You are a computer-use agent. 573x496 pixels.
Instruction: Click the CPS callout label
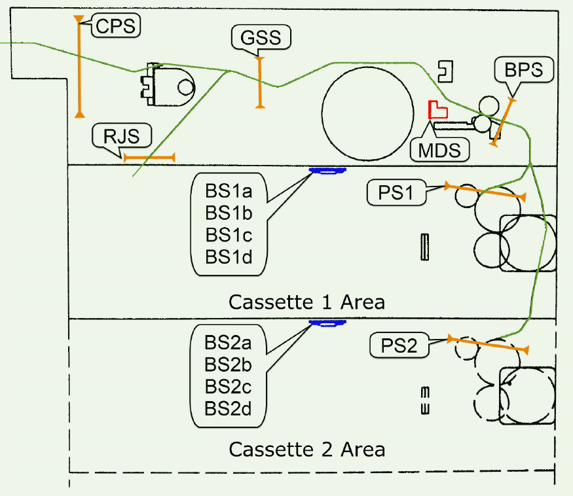(115, 26)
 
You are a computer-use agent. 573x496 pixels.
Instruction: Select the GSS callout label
(261, 38)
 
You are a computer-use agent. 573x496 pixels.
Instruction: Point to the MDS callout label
(440, 150)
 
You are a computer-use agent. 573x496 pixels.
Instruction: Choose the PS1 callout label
(397, 192)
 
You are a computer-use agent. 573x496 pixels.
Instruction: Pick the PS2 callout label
(398, 345)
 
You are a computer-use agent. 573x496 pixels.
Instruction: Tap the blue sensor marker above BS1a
(328, 171)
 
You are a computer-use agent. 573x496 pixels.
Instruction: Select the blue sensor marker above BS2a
(327, 323)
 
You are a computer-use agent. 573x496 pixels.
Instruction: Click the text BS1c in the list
(229, 234)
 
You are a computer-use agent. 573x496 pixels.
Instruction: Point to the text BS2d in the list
(228, 408)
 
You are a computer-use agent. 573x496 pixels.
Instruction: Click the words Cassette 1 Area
(306, 302)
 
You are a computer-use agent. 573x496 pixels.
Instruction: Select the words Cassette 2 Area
(306, 450)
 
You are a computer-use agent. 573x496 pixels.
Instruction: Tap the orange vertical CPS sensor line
(79, 65)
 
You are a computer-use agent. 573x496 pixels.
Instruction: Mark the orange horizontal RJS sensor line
(149, 157)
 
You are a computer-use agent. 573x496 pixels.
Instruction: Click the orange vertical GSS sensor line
(261, 82)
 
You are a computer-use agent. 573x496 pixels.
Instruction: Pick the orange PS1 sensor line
(485, 191)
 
